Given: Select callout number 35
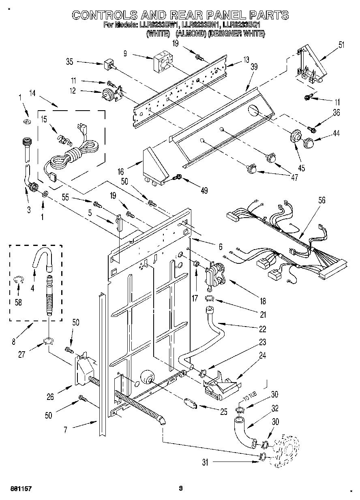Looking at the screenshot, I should pyautogui.click(x=69, y=62).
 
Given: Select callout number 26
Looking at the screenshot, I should pyautogui.click(x=50, y=397).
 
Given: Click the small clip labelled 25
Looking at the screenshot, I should pyautogui.click(x=190, y=403).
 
